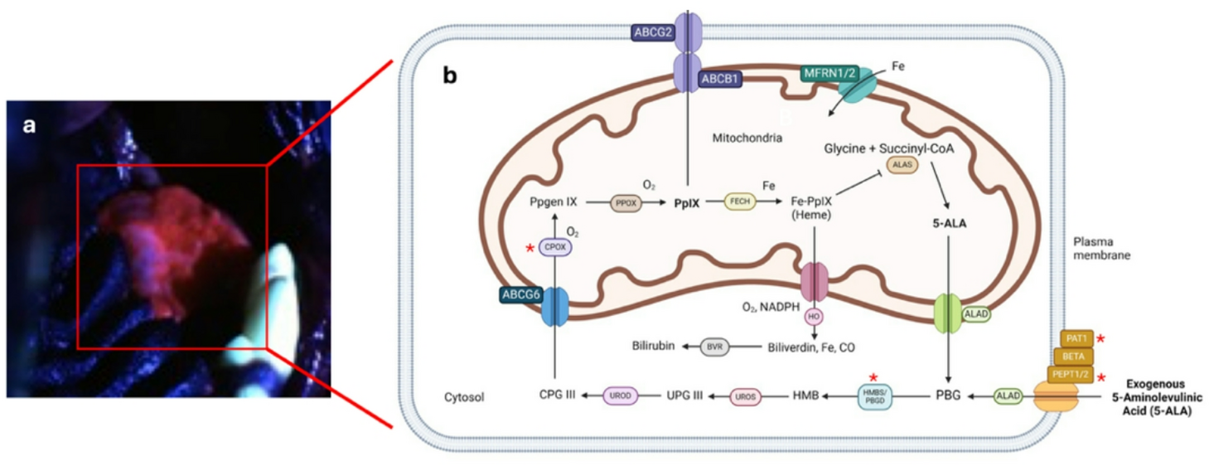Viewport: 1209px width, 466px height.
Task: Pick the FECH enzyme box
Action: (x=739, y=201)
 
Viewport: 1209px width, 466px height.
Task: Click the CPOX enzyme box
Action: (x=553, y=245)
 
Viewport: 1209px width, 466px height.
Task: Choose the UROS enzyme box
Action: (x=744, y=397)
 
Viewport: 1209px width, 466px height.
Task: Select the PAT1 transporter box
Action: (x=1076, y=338)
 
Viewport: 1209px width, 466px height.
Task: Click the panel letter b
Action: (x=450, y=75)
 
